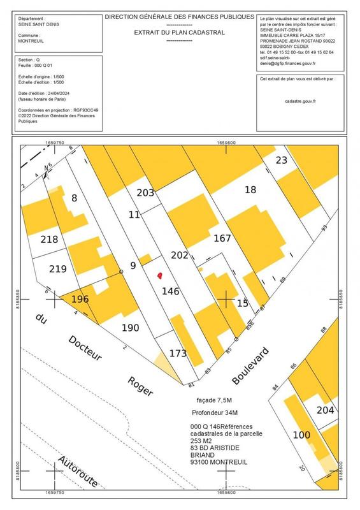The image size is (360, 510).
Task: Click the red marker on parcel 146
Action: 159,275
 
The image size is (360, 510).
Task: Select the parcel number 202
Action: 180,256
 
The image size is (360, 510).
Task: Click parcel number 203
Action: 147,193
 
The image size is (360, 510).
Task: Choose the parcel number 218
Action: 49,240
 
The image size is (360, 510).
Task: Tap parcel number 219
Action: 58,268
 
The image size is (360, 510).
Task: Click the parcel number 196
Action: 80,298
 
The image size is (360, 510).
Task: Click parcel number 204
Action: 326,410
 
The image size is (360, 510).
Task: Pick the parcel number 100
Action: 301,435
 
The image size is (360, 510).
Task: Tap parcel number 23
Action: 282,160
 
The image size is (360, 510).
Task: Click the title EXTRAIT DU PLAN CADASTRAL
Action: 179,31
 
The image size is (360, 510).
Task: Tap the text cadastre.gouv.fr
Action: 301,100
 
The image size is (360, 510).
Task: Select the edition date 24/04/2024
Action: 67,93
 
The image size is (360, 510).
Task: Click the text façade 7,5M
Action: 216,400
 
